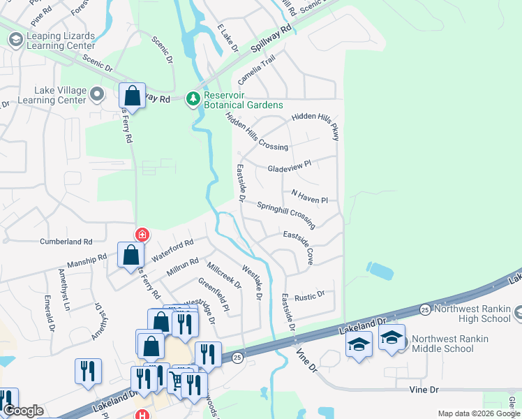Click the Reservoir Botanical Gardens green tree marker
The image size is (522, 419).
point(193,99)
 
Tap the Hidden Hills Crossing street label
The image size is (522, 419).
point(258,133)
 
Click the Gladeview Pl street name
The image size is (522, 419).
point(289,169)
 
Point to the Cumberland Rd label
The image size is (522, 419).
point(66,242)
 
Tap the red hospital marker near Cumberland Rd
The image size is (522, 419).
point(142,235)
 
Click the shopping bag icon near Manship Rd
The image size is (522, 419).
point(130,255)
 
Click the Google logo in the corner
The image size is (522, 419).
point(23,411)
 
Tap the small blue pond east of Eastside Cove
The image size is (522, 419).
point(379,270)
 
